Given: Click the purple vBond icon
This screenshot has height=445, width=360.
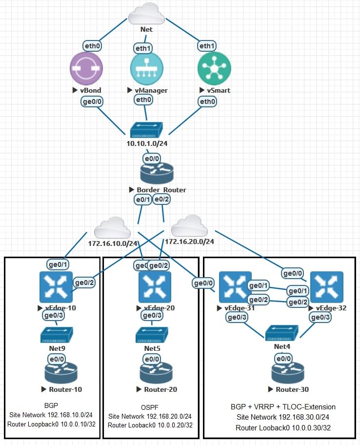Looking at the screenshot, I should (x=86, y=68).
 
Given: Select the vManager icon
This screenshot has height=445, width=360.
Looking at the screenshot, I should (x=146, y=68).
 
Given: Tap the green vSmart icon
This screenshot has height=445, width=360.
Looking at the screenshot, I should (x=214, y=68).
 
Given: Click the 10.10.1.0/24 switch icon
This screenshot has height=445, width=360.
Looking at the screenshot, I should (x=146, y=130).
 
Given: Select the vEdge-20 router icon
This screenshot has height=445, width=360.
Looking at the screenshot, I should (x=155, y=287).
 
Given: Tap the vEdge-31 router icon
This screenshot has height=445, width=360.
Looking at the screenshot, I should (x=235, y=287).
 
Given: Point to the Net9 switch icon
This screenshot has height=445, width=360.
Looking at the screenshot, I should (x=57, y=335).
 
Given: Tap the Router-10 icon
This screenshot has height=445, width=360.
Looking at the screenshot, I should (x=61, y=373).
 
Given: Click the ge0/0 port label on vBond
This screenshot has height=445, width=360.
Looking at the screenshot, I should (x=91, y=101).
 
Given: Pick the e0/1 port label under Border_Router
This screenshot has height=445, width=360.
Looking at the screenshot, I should (x=142, y=199).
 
